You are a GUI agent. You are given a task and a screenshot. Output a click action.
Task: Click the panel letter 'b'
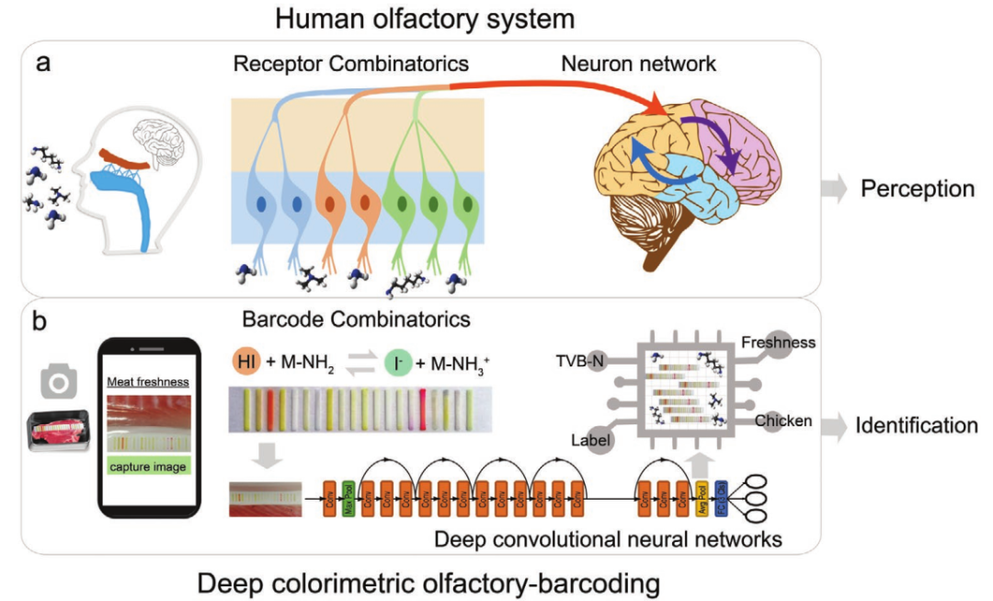(x=42, y=325)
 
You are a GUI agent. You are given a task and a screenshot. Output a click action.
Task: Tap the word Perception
(x=917, y=190)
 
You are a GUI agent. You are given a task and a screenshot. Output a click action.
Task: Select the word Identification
(x=916, y=425)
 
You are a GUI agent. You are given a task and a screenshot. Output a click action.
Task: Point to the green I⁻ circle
(x=397, y=361)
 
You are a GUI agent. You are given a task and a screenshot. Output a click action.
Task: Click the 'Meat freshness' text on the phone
(x=148, y=382)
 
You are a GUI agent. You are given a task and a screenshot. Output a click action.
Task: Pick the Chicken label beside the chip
(x=783, y=421)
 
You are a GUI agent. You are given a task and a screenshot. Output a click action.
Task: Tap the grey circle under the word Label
(x=599, y=443)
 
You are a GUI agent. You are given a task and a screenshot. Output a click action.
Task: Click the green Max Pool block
(x=348, y=499)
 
